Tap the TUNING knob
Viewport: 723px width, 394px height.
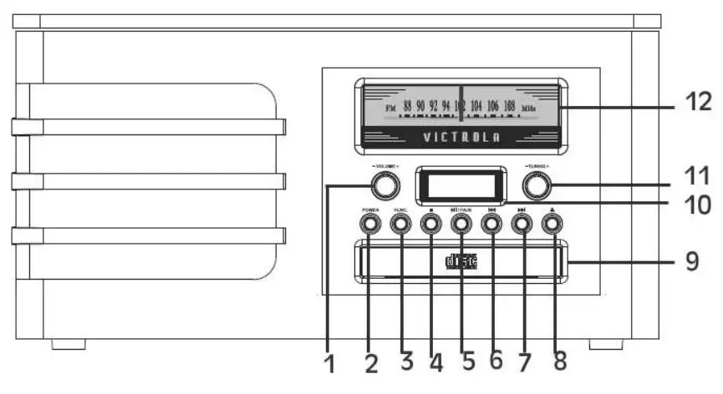pos(536,184)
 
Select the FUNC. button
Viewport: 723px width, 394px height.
pos(400,223)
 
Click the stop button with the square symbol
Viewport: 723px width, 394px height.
pos(430,223)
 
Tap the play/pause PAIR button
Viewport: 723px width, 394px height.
pos(461,223)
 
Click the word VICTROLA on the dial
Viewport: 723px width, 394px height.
pos(461,136)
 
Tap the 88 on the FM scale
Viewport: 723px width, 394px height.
pos(407,107)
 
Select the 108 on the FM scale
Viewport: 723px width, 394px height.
pos(509,107)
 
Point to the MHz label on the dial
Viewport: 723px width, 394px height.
pos(528,109)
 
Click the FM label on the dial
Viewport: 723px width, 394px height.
pos(390,109)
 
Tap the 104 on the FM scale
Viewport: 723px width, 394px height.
pos(476,107)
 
